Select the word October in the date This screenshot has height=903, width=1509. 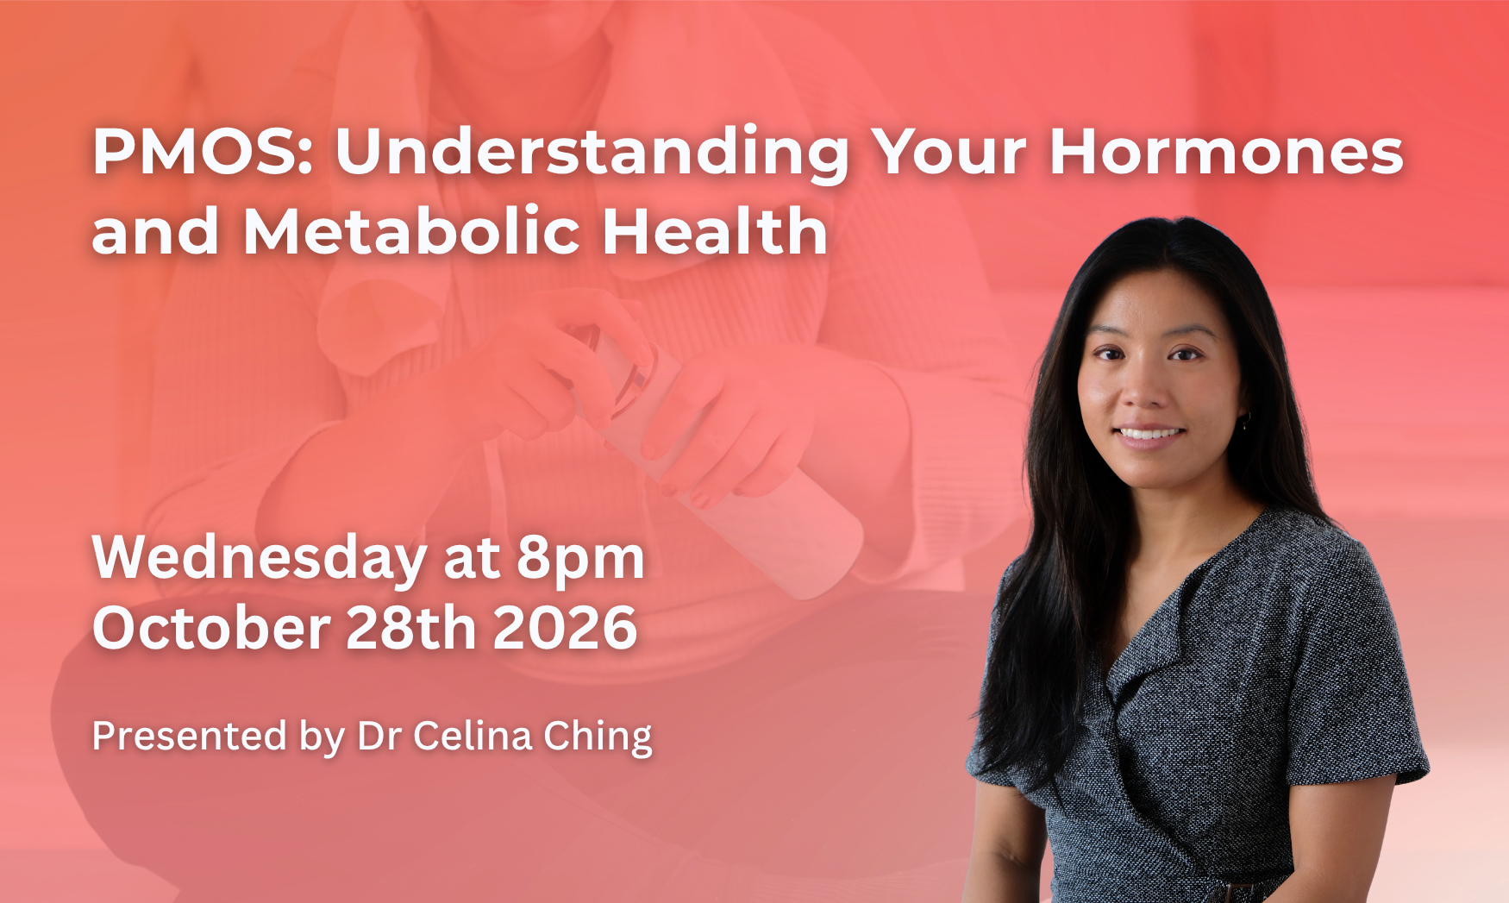point(211,628)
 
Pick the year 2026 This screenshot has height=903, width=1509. point(565,628)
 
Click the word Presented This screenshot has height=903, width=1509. point(190,737)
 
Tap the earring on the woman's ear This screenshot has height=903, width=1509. point(1243,420)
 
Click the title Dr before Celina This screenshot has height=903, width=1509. point(379,737)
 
